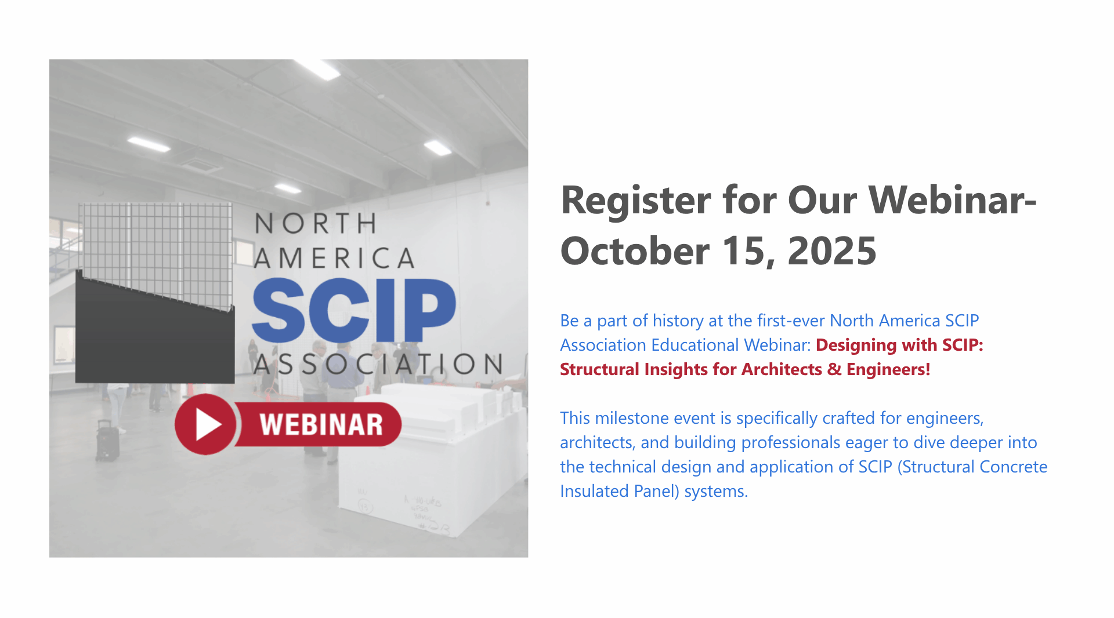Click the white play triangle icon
[208, 424]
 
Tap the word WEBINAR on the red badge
[321, 425]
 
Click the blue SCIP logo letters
[354, 311]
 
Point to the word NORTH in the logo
[316, 224]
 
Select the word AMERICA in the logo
[335, 259]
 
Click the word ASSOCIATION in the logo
[378, 364]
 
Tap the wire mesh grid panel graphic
[155, 255]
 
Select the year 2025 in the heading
[831, 251]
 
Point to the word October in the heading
[635, 251]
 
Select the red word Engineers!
[888, 369]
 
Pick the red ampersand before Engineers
[834, 369]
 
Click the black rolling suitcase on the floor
[107, 441]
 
